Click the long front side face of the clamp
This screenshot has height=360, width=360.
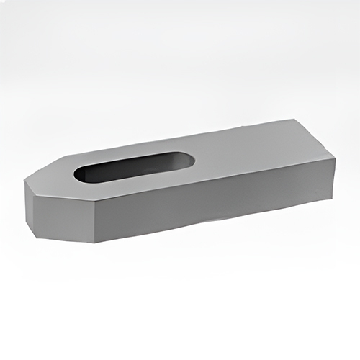point(216,205)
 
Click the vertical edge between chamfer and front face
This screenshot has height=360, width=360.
point(97,222)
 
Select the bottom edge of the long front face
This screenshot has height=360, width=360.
point(216,224)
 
